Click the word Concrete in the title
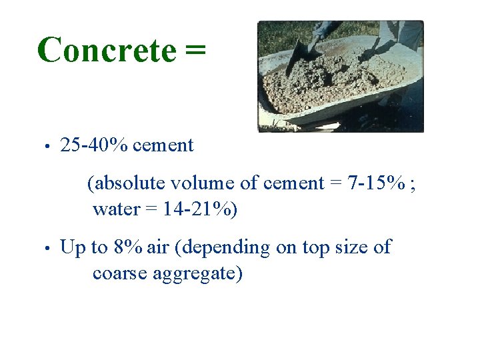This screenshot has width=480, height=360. point(107,51)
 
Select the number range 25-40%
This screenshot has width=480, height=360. point(95,145)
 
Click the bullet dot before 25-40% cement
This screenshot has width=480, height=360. point(45,146)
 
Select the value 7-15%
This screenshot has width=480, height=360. point(376,183)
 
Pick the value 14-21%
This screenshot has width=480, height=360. point(196,209)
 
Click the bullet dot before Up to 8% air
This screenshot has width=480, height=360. point(45,248)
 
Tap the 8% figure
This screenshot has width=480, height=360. point(127,247)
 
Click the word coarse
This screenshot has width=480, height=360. point(122,274)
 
